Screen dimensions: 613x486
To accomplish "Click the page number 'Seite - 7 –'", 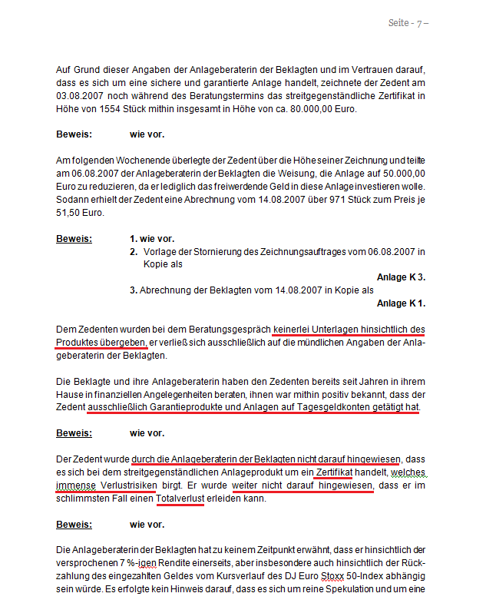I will [408, 23].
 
